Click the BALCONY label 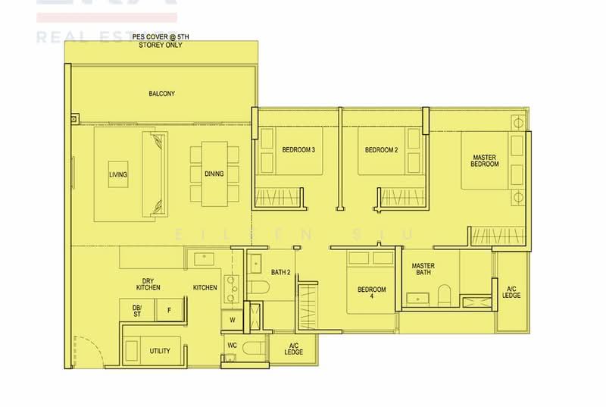161,94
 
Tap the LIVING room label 118,174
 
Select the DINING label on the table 214,174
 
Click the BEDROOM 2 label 381,150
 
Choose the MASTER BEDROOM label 485,160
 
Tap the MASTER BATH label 423,269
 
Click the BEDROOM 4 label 372,293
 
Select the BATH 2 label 281,272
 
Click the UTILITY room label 160,351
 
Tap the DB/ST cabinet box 137,309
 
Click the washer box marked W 231,321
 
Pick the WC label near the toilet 232,346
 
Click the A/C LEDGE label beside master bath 511,292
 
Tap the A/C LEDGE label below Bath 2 294,349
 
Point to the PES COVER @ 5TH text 161,38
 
